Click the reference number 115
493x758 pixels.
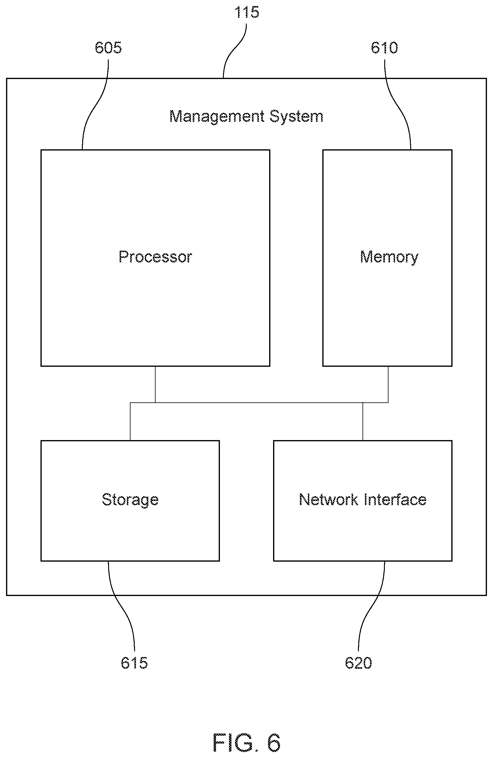(x=246, y=12)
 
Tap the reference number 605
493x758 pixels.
(x=108, y=48)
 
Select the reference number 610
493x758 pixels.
(x=384, y=48)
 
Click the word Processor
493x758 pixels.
(x=155, y=257)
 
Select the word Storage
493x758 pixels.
(x=130, y=500)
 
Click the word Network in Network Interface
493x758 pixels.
(x=328, y=500)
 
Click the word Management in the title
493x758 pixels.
(x=217, y=116)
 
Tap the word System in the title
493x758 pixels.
(x=296, y=116)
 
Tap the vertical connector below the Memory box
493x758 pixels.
(x=388, y=384)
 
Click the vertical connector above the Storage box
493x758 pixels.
(x=130, y=422)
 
